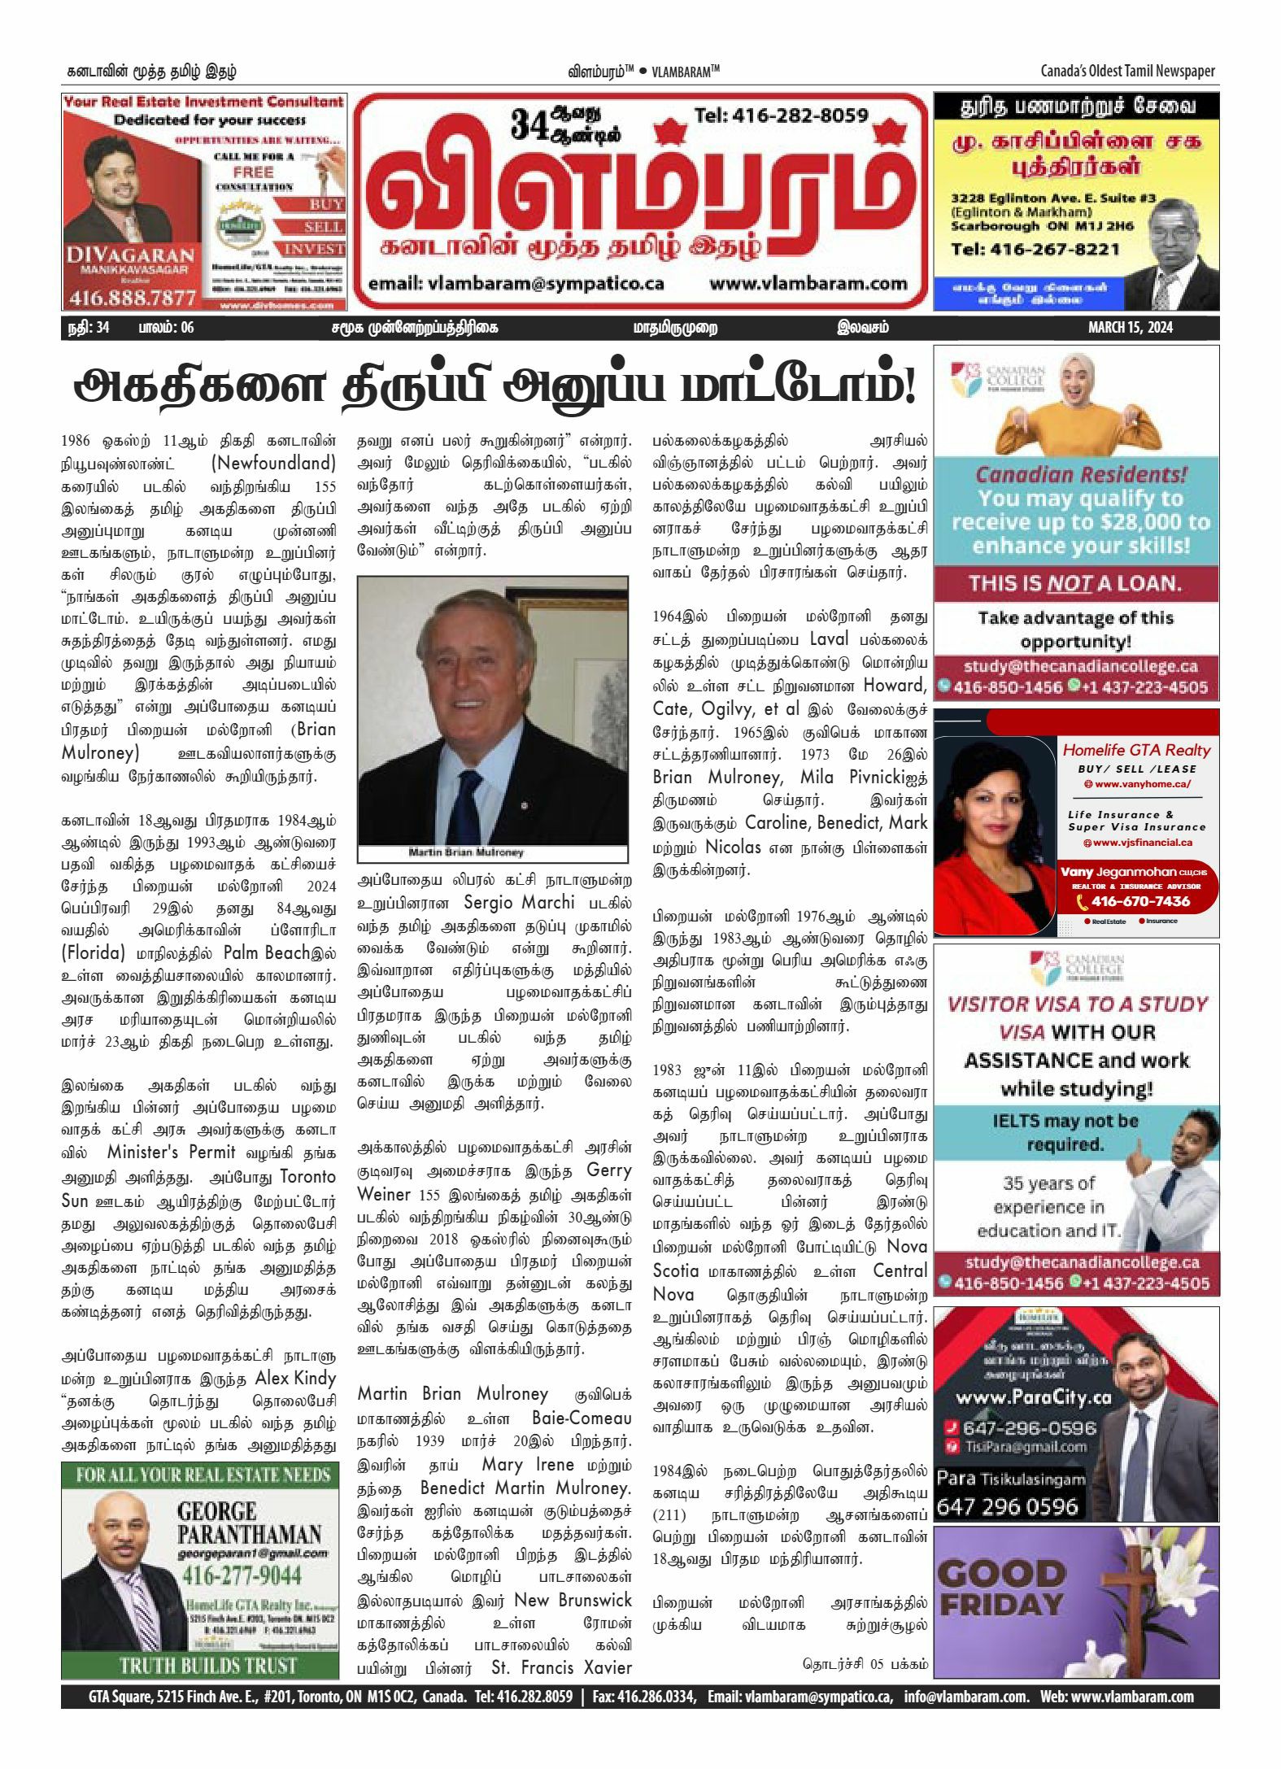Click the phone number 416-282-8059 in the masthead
tap(781, 115)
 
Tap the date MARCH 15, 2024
tap(1130, 328)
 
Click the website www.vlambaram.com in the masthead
tap(808, 284)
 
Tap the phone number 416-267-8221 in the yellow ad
tap(1035, 249)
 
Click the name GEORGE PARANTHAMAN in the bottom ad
tap(249, 1523)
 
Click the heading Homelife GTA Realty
tap(1136, 750)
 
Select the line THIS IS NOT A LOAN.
tap(1074, 583)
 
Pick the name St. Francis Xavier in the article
tap(561, 1667)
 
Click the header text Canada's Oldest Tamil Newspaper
tap(1127, 71)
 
